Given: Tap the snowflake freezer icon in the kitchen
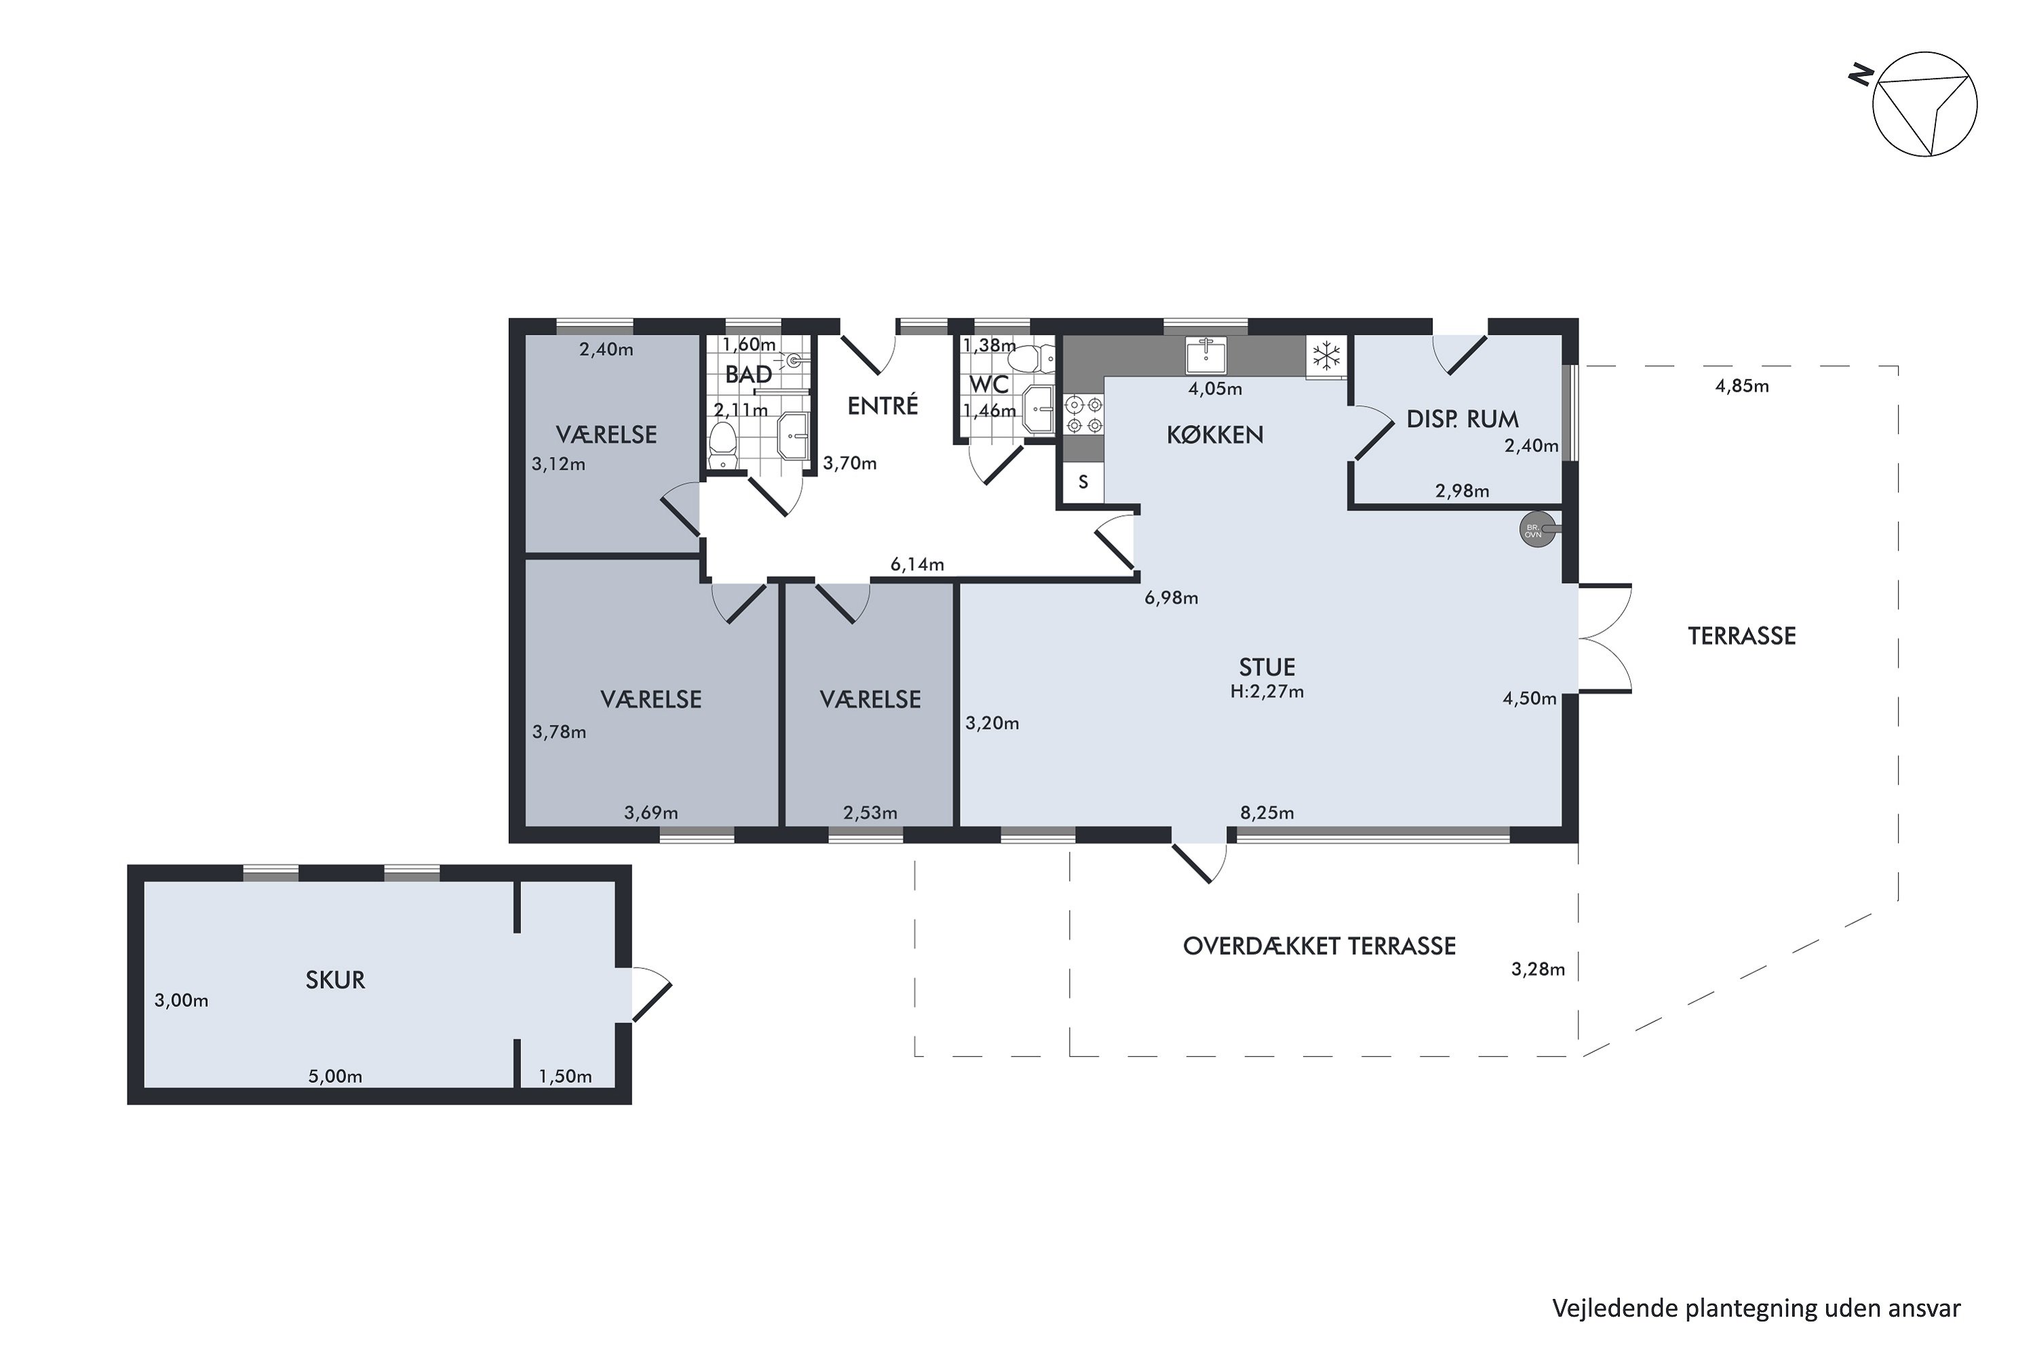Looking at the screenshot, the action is pos(1326,355).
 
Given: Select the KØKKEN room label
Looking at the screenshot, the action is pos(1215,435).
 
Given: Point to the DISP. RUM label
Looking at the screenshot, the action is pos(1462,420).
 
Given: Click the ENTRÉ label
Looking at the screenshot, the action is pos(883,405).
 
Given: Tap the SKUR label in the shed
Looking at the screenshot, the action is pos(335,980).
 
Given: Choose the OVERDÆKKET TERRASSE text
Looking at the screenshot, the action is pos(1319,946).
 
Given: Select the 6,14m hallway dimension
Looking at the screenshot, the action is pos(917,565).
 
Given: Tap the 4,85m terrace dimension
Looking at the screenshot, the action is pos(1742,386).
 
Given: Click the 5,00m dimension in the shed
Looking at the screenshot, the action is pos(335,1077).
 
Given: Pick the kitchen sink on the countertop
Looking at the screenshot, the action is pos(1205,355).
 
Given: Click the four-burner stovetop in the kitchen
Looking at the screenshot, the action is pos(1083,415).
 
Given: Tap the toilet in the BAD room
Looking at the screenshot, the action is pos(722,446).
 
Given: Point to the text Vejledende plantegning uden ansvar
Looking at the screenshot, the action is pos(1756,1309).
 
